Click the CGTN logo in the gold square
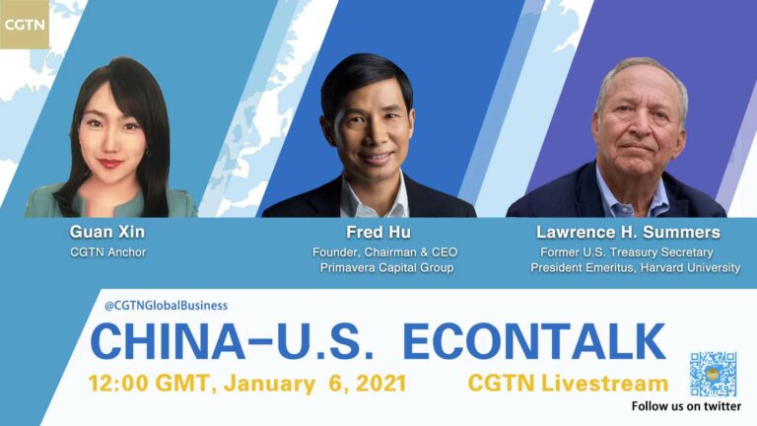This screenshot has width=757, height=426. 24,24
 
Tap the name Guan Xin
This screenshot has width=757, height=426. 107,232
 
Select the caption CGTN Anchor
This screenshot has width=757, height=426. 107,252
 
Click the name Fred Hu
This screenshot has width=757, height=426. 378,233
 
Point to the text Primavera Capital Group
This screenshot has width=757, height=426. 386,267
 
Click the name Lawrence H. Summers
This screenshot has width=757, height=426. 628,233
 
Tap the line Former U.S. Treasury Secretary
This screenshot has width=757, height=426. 627,252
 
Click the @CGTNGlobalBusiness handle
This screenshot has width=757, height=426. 166,306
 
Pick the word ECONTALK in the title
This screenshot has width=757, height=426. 534,341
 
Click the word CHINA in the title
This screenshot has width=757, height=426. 168,341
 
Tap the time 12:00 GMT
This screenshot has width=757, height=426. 148,384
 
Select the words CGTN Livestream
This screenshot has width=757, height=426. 568,384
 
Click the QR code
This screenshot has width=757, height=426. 713,375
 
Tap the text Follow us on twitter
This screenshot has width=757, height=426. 686,406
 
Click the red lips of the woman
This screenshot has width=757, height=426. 109,164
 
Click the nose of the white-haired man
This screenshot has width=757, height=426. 639,125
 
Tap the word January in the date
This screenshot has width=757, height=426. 269,384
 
